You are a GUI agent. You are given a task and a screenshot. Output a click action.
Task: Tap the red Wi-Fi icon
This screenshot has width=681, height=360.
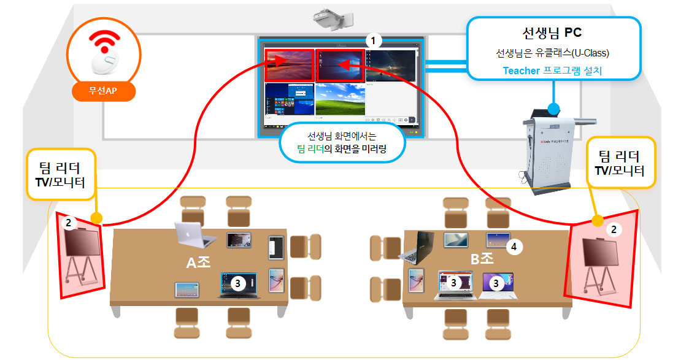coord(103,42)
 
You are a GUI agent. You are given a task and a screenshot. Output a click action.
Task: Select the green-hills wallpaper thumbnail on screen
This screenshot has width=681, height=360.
coord(340,101)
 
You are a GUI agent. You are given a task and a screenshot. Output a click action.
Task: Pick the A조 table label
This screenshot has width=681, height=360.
coord(198,262)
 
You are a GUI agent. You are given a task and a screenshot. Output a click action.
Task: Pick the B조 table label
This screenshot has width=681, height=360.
coord(482,259)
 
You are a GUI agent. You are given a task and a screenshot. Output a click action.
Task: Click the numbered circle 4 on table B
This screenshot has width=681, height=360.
coord(515,247)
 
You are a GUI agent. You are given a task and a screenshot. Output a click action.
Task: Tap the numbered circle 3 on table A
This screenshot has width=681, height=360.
coord(238,283)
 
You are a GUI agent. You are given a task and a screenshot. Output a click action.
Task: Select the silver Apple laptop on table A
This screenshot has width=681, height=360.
coord(193,234)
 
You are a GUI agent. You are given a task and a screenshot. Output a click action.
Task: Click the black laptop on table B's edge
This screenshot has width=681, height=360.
coord(420,247)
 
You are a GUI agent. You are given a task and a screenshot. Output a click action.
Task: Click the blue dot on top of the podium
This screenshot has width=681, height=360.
coord(553,109)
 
